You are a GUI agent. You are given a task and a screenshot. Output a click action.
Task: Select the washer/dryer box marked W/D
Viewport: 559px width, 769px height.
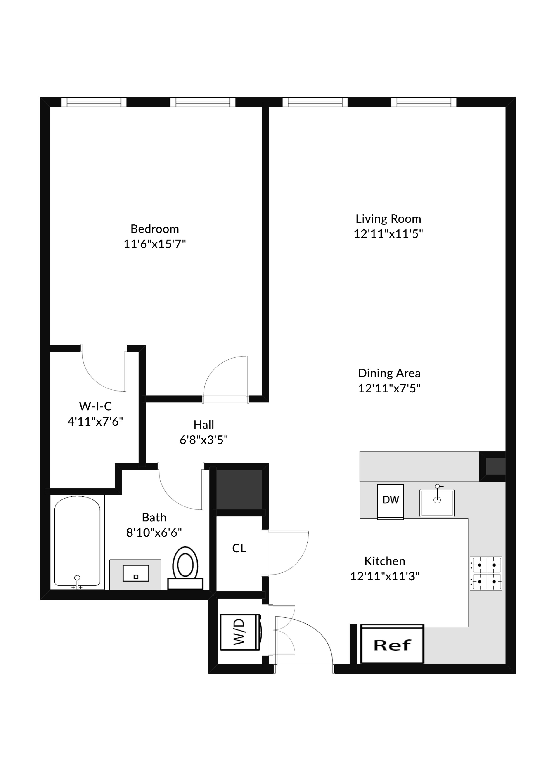click(240, 632)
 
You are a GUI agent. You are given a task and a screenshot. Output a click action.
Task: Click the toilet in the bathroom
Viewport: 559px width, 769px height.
click(185, 567)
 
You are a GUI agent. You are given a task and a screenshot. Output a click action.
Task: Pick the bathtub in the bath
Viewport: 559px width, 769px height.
click(77, 541)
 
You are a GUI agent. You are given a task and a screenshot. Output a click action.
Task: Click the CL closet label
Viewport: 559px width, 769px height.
click(239, 548)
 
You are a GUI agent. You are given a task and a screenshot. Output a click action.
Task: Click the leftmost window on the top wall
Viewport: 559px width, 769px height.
click(94, 102)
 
